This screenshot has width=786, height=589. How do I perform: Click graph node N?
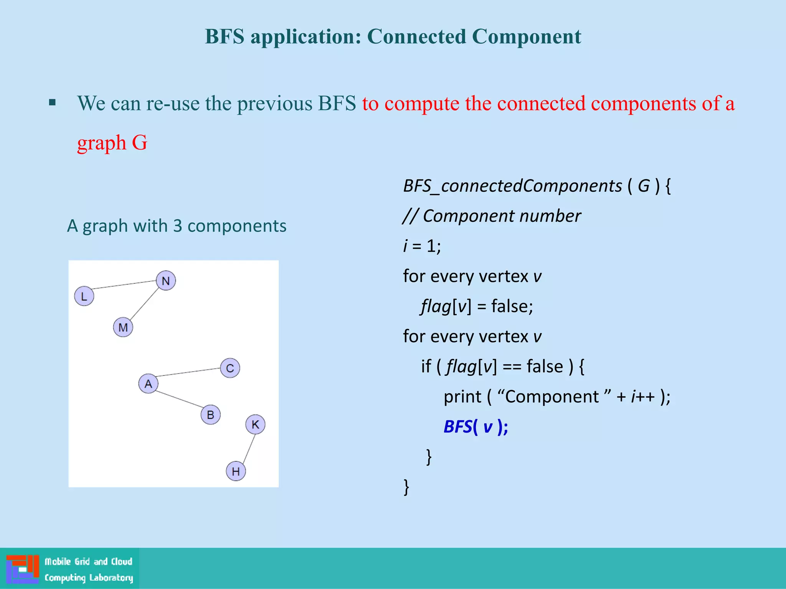[166, 281]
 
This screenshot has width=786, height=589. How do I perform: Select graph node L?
[84, 296]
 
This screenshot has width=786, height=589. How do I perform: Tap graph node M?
[123, 327]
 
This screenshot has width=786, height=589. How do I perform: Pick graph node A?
[148, 383]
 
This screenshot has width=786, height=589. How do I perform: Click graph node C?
[230, 368]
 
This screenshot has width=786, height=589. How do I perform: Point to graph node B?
[210, 415]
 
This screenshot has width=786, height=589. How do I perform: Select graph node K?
[255, 424]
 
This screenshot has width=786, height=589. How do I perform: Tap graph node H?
[236, 471]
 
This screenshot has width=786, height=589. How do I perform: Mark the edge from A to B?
[179, 399]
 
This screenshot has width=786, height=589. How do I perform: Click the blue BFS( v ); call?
[476, 426]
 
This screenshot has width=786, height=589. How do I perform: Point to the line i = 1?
[422, 246]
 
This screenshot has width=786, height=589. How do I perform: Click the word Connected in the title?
[416, 37]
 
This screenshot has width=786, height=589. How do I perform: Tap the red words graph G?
[112, 143]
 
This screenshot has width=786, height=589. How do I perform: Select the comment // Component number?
[492, 216]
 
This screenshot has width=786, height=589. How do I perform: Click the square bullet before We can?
[53, 102]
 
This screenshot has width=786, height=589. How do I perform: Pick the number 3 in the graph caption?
[177, 226]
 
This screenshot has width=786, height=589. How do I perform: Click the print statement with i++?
[556, 397]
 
